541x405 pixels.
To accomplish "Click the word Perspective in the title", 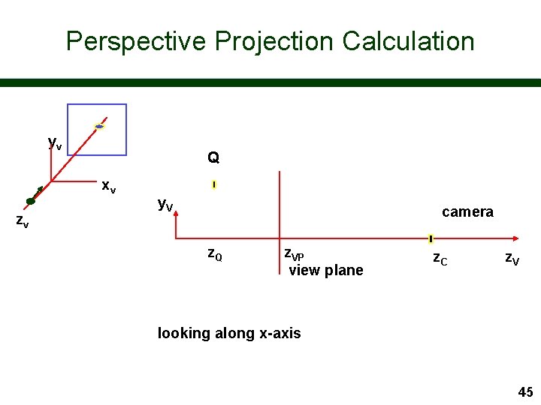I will tap(135, 41).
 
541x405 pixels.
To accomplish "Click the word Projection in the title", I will tap(274, 41).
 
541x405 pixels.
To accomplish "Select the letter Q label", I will tap(213, 157).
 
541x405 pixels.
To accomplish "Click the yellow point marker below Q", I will tap(214, 184).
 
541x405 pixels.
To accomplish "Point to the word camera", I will tap(467, 211).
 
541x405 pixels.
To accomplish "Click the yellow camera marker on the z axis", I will tap(431, 239).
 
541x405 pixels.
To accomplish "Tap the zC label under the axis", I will tap(440, 259).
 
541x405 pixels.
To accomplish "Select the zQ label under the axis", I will tap(214, 253).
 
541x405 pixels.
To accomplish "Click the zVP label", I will tap(294, 253).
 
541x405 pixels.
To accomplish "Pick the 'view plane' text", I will tap(326, 270).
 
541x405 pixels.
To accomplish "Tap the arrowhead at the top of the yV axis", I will tap(175, 214).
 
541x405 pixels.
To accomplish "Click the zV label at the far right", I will tap(512, 259).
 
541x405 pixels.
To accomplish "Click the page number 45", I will tap(525, 391).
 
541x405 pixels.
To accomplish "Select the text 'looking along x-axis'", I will tap(229, 333).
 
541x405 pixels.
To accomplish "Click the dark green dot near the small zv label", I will tap(31, 201).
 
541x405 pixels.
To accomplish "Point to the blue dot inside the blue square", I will tap(99, 127).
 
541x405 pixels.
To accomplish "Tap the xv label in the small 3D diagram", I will tap(109, 185).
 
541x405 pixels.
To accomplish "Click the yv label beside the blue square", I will tap(55, 142).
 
